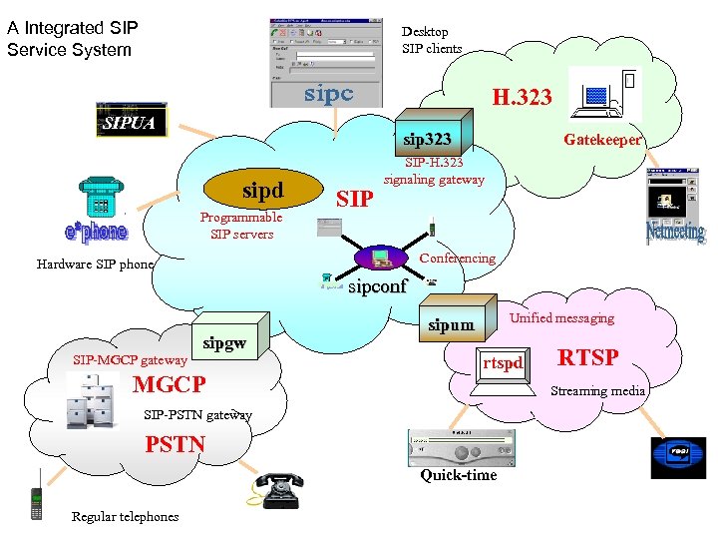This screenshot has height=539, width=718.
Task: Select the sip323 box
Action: [427, 139]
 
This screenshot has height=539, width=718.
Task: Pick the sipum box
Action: [451, 324]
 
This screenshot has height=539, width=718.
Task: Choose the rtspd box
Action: [503, 363]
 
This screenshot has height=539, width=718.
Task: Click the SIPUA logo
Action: [131, 123]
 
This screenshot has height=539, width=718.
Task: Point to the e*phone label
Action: [96, 232]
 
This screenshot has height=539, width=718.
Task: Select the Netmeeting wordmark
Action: [675, 234]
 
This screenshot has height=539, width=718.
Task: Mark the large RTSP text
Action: [587, 357]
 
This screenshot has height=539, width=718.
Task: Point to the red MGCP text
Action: [170, 384]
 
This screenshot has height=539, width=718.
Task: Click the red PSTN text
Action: [176, 444]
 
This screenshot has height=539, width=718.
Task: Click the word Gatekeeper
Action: [602, 141]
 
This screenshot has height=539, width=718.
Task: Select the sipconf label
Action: [378, 286]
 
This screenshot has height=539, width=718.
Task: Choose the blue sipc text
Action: [329, 94]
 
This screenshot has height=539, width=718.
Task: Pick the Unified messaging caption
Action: [562, 318]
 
